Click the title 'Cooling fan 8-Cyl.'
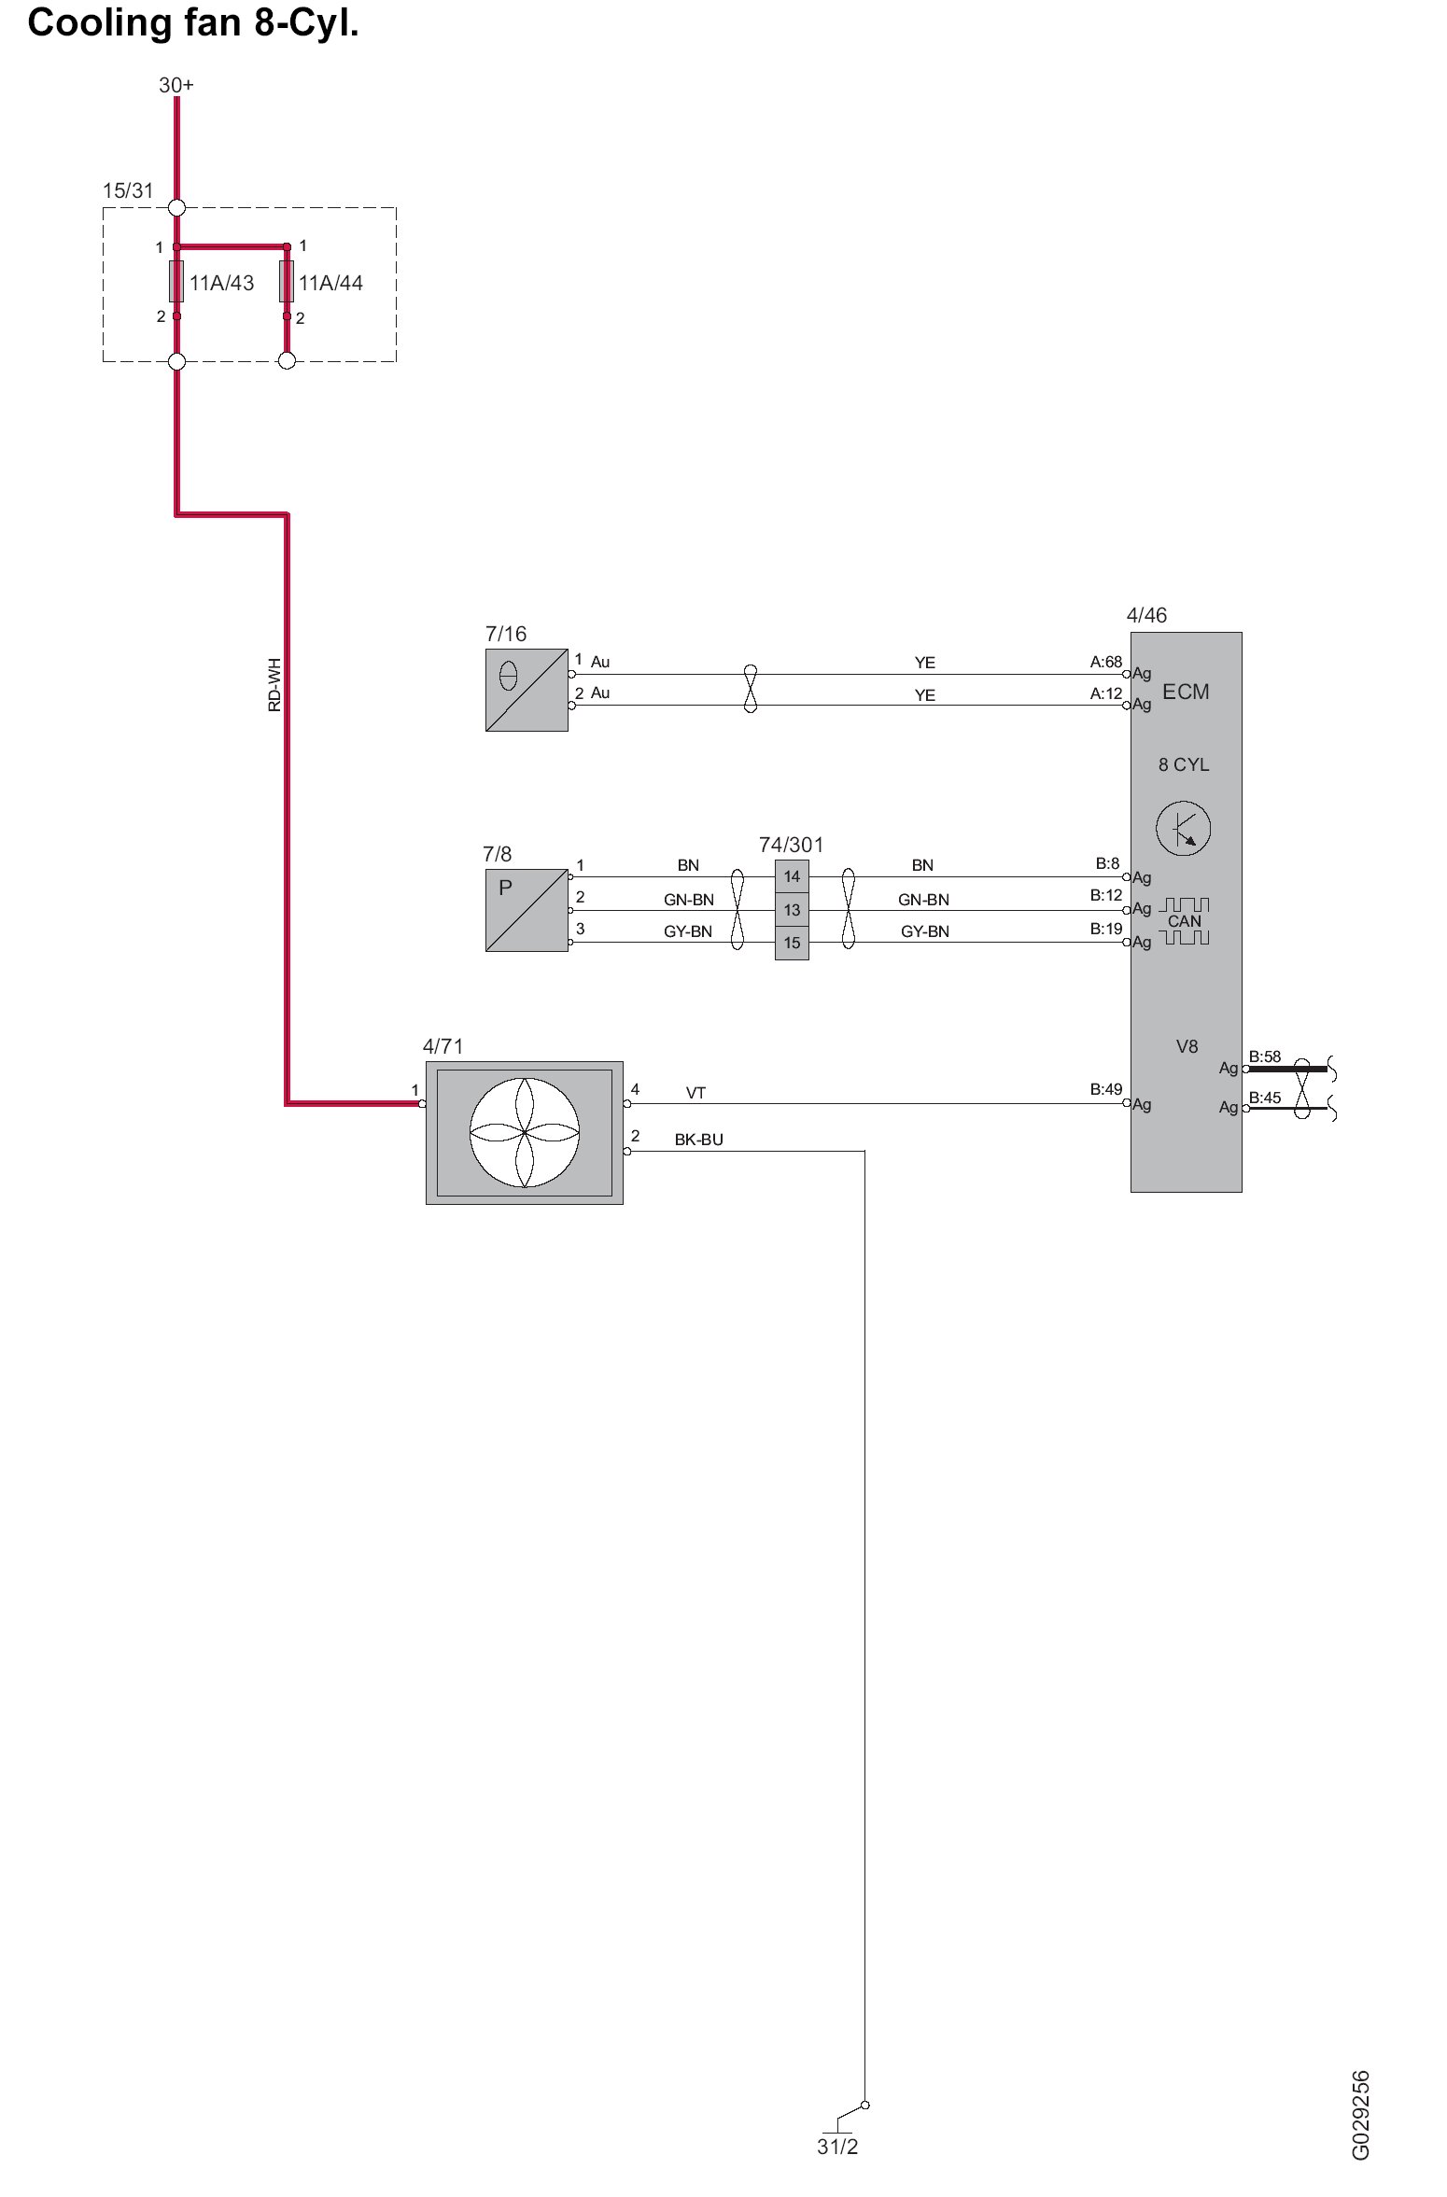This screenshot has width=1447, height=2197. (193, 23)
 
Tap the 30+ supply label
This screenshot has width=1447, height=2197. (176, 85)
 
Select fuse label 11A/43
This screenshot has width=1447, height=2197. (222, 283)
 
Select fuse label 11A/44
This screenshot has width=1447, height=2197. (330, 283)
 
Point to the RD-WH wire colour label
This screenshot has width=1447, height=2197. (274, 685)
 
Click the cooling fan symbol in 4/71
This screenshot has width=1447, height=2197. (525, 1132)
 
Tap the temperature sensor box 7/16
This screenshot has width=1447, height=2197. (527, 690)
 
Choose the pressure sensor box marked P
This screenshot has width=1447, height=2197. (527, 910)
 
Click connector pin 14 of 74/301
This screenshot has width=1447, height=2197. (792, 876)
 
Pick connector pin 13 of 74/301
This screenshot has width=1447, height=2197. (792, 910)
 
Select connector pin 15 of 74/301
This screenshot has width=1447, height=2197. (792, 943)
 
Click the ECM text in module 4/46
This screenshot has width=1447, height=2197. (1186, 692)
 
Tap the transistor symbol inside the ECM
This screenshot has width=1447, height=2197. (1183, 828)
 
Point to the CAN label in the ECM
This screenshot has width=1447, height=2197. (1185, 921)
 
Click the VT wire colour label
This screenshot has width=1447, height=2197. (695, 1093)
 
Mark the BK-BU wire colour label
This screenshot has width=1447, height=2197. (699, 1140)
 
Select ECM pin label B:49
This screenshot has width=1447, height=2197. (1106, 1089)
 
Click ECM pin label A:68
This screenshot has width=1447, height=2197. (1106, 662)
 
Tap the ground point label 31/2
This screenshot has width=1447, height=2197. (837, 2147)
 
